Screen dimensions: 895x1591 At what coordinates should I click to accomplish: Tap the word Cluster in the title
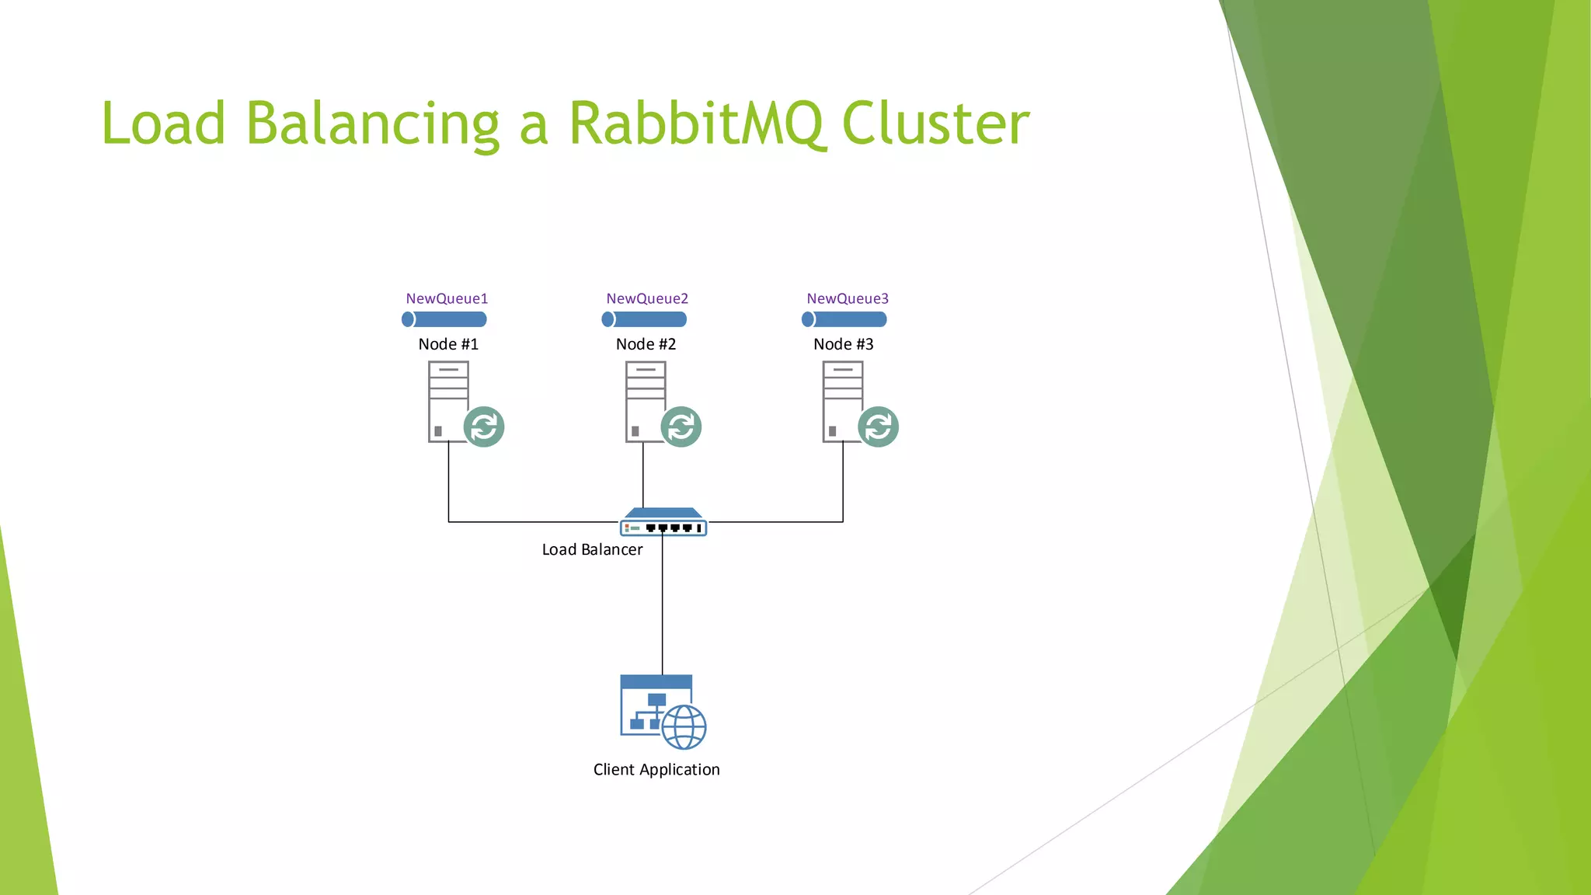click(935, 124)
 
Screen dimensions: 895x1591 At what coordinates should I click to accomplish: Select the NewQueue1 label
click(447, 298)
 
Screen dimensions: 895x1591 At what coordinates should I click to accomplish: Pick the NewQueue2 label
click(647, 298)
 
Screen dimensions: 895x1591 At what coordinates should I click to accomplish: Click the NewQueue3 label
click(848, 298)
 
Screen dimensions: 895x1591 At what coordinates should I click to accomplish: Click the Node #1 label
click(448, 344)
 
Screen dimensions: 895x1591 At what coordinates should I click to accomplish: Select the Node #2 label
click(646, 344)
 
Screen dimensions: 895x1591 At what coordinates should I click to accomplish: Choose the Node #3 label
click(843, 344)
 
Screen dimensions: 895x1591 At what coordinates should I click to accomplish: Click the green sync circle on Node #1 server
click(484, 427)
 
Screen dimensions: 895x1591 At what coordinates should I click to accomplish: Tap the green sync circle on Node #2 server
click(681, 427)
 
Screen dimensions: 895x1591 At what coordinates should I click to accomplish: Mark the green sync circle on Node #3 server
click(879, 427)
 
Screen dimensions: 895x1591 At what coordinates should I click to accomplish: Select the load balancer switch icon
click(663, 523)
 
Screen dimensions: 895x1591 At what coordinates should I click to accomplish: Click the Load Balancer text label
click(592, 550)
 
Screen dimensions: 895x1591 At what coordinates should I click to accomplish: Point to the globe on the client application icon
click(684, 727)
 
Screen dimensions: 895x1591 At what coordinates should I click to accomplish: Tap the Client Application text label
click(656, 770)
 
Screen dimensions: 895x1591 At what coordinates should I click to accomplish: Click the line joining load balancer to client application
click(663, 606)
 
